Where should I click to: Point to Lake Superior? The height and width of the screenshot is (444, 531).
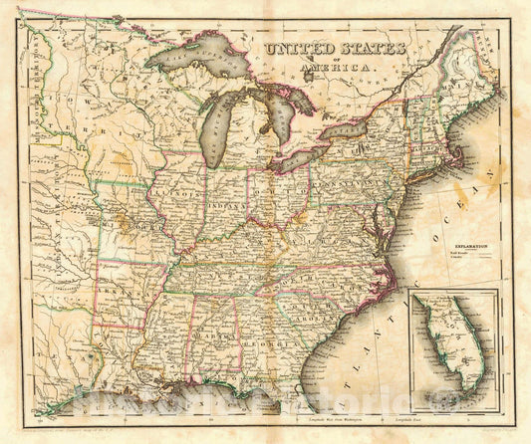(194, 61)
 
